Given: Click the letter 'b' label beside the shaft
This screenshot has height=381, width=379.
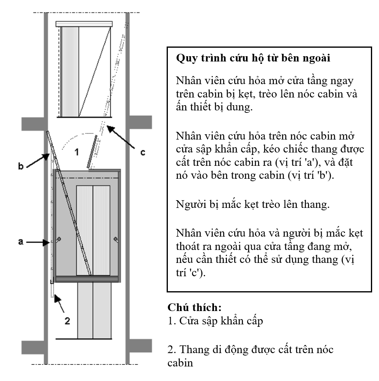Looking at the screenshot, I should tap(21, 165).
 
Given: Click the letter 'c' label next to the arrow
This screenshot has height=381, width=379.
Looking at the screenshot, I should tap(142, 152).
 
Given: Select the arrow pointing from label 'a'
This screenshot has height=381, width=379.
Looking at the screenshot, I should tap(38, 242).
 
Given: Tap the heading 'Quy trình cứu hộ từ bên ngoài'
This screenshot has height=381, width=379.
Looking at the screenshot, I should tap(253, 58).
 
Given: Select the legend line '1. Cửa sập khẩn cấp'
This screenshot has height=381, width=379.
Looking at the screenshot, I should tap(215, 321).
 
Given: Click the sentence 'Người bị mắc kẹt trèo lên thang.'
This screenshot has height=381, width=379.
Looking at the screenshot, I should tap(253, 204).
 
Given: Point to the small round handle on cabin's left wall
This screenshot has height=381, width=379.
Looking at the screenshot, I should tap(59, 239).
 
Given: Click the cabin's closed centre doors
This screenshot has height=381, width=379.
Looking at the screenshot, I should tap(93, 230).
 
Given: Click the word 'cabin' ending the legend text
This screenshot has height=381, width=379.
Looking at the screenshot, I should tap(180, 363).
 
